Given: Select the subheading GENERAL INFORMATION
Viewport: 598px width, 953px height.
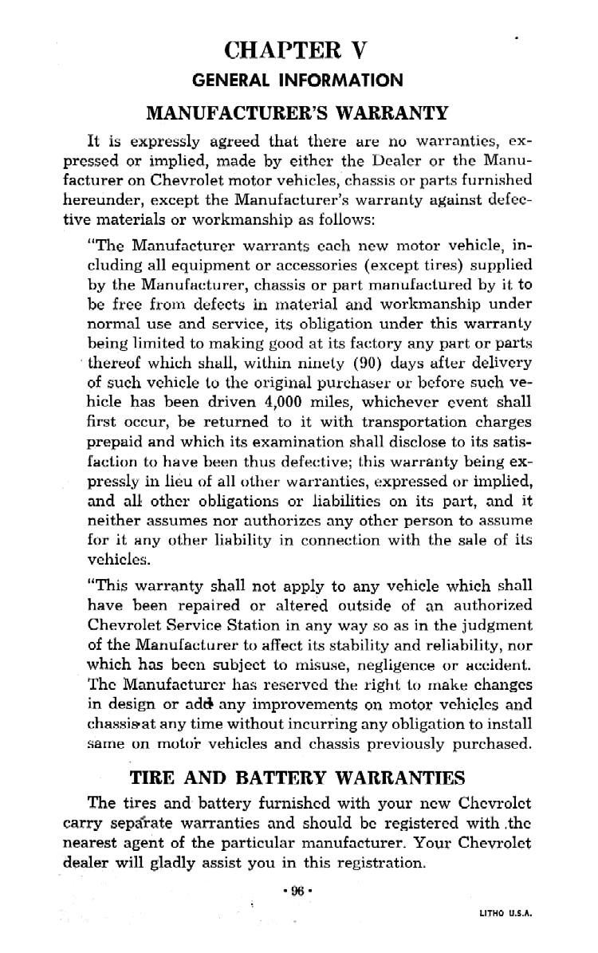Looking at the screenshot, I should click(298, 81).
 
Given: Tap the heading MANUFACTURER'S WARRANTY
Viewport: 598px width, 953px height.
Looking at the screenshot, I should click(298, 112).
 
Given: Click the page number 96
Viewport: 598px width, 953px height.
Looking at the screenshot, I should click(297, 891).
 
